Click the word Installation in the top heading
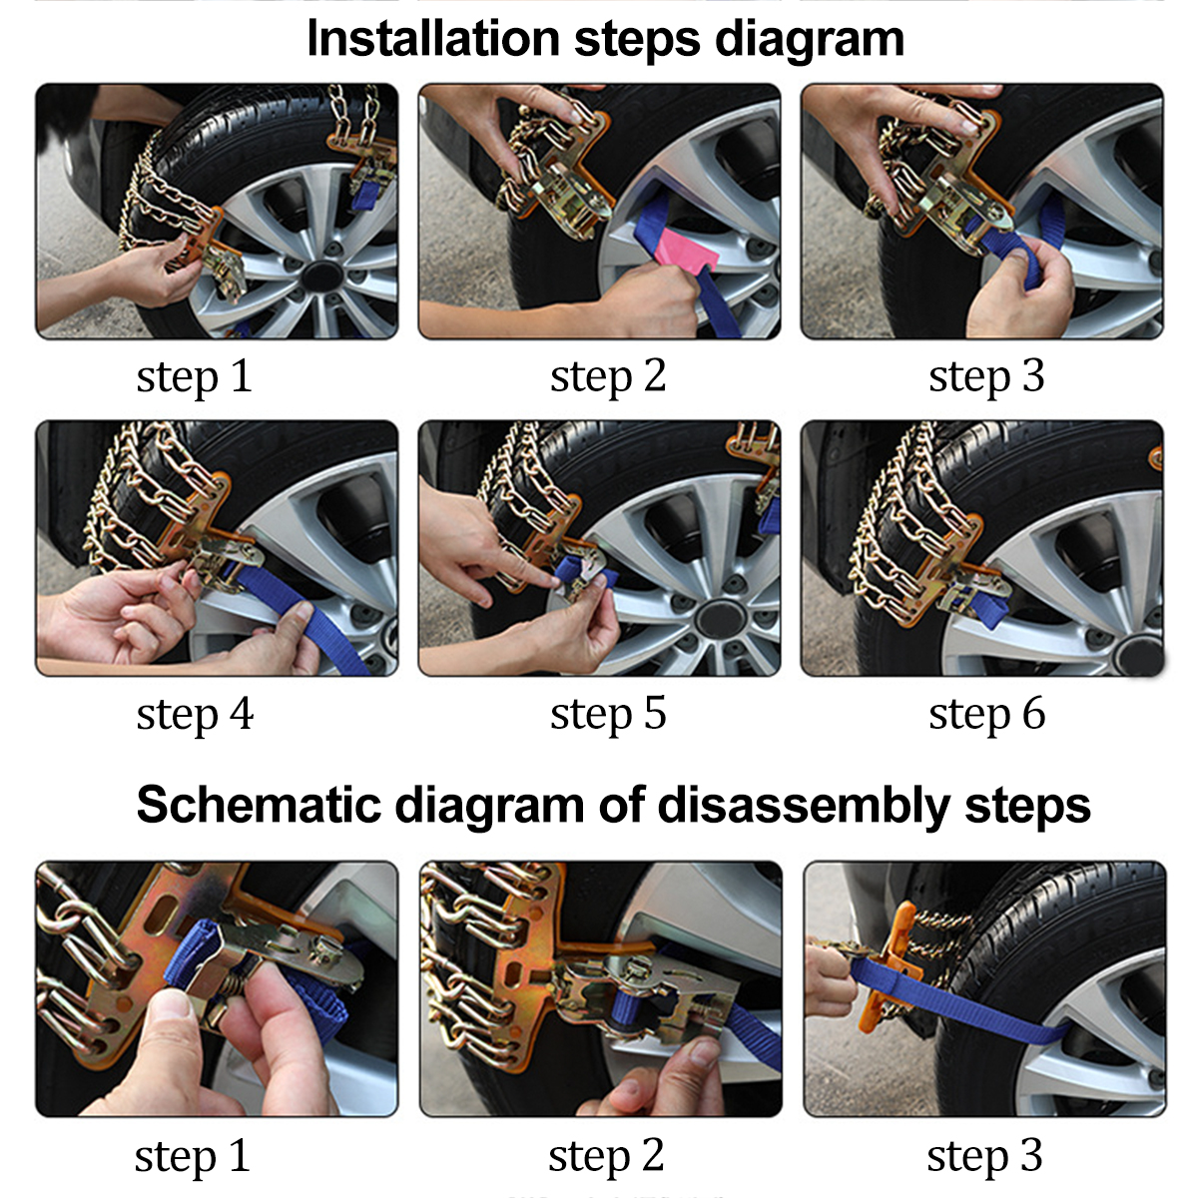coord(432,40)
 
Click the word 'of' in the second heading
coord(621,805)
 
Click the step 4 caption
coord(195,714)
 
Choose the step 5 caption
coord(607,714)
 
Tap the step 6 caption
coord(986,714)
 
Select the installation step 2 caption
coord(607,376)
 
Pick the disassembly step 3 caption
coord(984,1156)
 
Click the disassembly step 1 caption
coord(192,1156)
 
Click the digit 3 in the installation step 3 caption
coord(1032,376)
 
